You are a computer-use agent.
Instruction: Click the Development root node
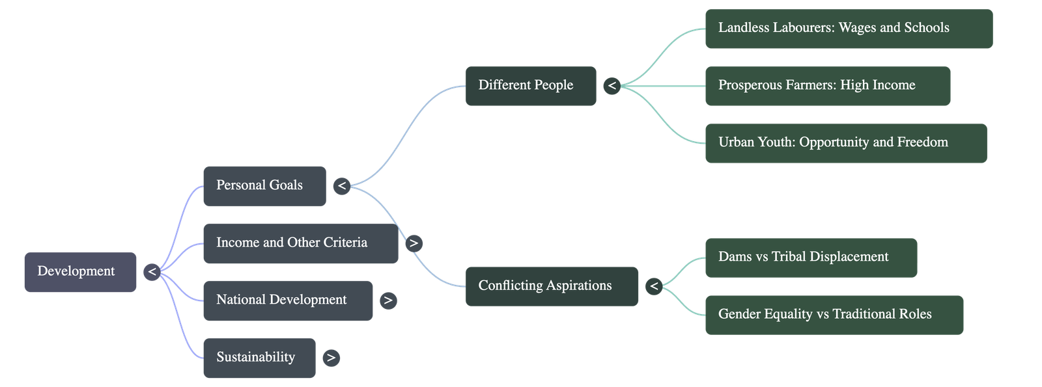click(80, 271)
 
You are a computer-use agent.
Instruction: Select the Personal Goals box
click(264, 186)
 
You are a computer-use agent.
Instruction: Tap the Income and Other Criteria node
click(300, 243)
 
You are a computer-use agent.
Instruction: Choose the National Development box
click(288, 300)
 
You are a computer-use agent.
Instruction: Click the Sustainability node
click(259, 357)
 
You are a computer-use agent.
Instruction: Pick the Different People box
click(530, 85)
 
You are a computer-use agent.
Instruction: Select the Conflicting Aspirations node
click(551, 286)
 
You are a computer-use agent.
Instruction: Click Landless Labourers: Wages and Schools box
click(848, 28)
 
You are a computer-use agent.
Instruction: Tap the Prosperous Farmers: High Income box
click(827, 85)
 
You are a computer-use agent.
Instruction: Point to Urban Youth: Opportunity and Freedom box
click(845, 142)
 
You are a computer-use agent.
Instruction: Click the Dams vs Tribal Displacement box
click(811, 258)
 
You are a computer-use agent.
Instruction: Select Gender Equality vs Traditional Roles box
click(834, 314)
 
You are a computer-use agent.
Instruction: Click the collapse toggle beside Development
click(152, 272)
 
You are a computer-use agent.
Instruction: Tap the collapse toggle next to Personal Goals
click(342, 186)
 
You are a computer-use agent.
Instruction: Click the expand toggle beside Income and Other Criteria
click(414, 243)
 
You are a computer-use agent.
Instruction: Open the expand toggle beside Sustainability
click(331, 358)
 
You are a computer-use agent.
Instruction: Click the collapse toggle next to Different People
click(612, 86)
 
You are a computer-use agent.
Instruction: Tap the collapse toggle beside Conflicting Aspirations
click(654, 286)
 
